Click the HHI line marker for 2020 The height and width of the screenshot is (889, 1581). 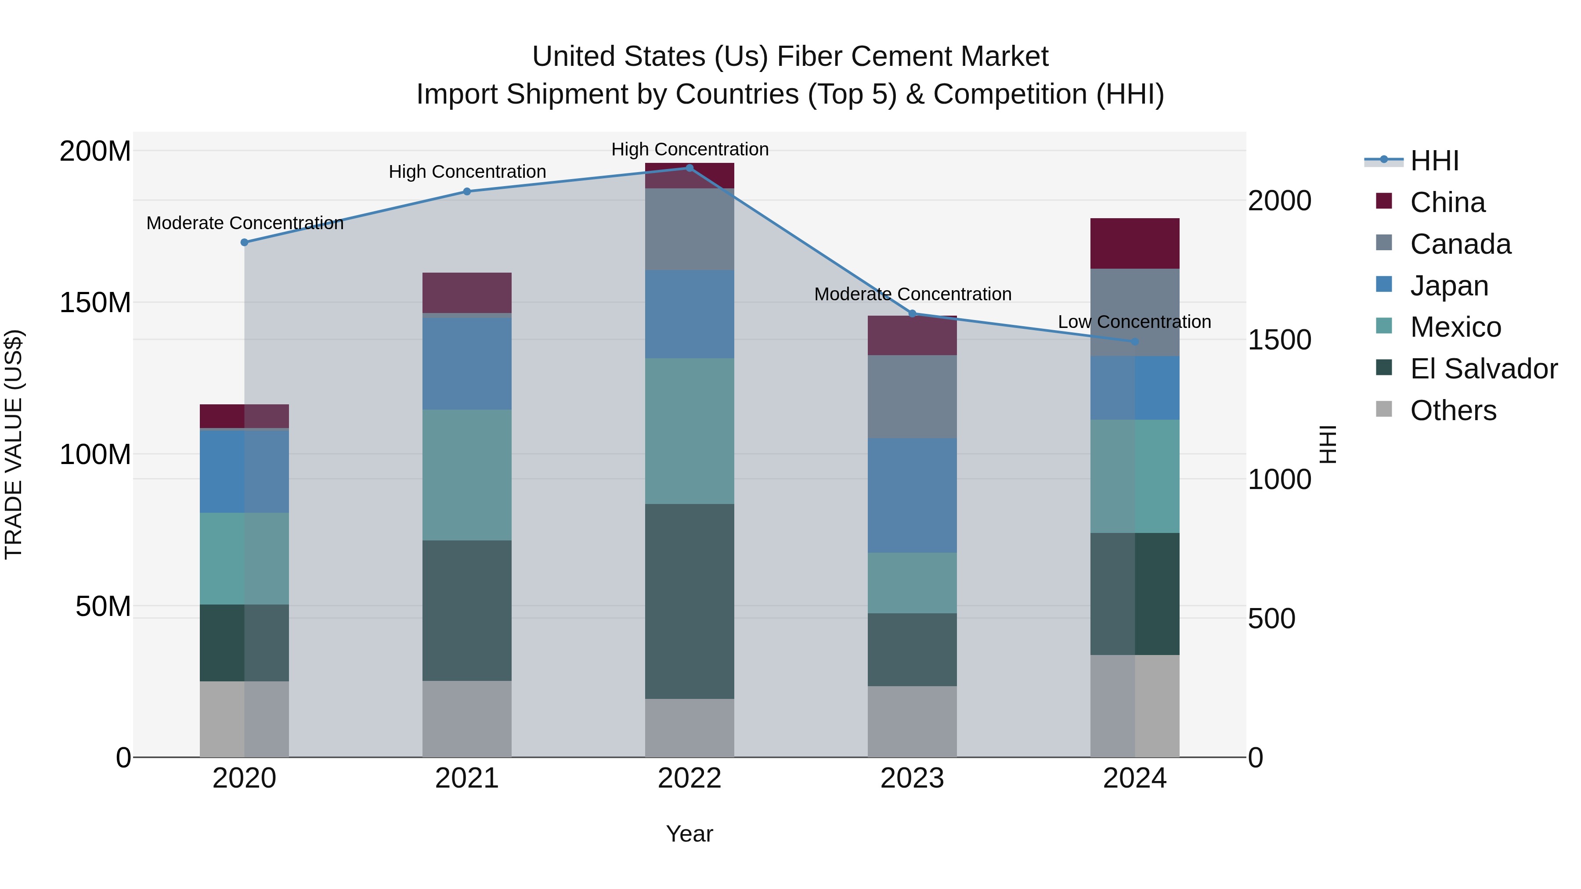(244, 242)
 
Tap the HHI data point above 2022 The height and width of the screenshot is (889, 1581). (689, 168)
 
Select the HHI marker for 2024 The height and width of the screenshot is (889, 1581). (1135, 342)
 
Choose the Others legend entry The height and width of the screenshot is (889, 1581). (1453, 410)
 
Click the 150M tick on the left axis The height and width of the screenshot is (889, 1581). (95, 302)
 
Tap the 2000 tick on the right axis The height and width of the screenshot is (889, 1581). (1280, 201)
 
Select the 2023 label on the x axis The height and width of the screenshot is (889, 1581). (912, 778)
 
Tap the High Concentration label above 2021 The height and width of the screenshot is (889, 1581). (467, 172)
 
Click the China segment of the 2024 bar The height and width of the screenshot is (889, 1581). (1135, 244)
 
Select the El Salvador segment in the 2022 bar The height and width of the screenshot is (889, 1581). (689, 601)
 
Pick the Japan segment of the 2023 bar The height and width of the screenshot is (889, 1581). (912, 495)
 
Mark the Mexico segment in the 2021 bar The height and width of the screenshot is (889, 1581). (467, 475)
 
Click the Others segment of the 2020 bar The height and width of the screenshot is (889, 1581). (244, 719)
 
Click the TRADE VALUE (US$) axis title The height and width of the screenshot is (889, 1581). (14, 444)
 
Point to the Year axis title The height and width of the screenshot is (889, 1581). (689, 834)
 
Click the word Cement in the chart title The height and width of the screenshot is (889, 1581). (894, 57)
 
